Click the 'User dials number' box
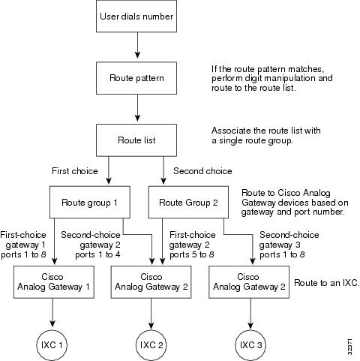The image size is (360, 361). (136, 16)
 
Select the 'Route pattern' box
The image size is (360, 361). (136, 78)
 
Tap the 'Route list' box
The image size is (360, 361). (136, 140)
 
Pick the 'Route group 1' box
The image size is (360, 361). (90, 202)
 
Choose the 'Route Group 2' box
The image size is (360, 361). (188, 202)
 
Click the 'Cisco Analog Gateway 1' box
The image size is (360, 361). (54, 282)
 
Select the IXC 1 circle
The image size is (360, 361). (52, 345)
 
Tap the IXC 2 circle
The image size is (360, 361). (151, 345)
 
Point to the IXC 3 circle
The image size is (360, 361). (250, 345)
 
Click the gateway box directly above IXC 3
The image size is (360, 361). (249, 282)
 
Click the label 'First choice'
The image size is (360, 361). (75, 171)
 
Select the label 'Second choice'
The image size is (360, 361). (202, 171)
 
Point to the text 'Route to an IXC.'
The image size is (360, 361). (327, 283)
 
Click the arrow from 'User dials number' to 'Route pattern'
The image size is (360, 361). (137, 45)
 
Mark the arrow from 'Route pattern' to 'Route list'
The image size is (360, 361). (137, 108)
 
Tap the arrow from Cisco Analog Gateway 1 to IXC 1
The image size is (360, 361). (52, 312)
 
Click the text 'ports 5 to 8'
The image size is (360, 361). (192, 254)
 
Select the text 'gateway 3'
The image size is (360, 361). (280, 245)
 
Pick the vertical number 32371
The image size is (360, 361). (349, 347)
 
